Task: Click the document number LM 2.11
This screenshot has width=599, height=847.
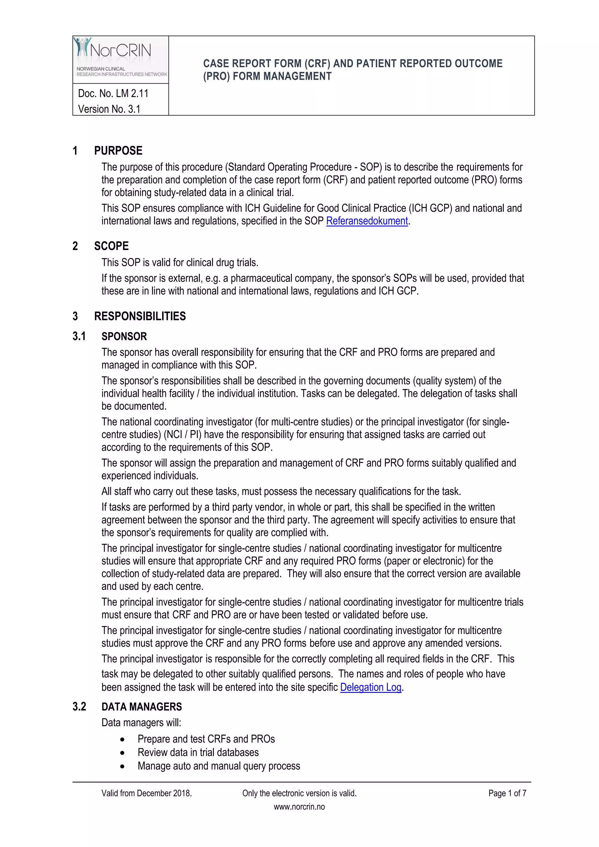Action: click(113, 94)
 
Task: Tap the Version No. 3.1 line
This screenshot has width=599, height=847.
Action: click(109, 109)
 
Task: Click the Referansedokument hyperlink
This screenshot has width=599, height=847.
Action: click(367, 221)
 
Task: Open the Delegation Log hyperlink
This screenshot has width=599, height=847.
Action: click(371, 687)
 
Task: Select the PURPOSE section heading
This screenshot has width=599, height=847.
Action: click(118, 151)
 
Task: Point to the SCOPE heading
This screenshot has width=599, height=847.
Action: click(111, 246)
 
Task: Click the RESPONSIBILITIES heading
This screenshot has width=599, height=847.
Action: click(140, 316)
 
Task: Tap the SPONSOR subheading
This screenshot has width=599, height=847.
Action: click(124, 336)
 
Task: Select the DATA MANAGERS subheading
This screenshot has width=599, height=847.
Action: click(142, 707)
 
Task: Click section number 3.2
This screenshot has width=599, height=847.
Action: click(79, 707)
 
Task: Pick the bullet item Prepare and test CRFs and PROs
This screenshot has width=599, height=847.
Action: click(206, 739)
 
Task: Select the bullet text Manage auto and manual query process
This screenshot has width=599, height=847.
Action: click(219, 766)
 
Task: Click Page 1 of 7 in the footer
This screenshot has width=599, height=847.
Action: click(507, 793)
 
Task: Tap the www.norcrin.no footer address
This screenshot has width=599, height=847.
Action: click(299, 807)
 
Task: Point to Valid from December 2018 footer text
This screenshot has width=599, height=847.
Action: click(147, 793)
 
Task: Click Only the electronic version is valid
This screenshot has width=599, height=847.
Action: click(299, 793)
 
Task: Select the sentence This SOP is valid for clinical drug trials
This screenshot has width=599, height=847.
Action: click(180, 263)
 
